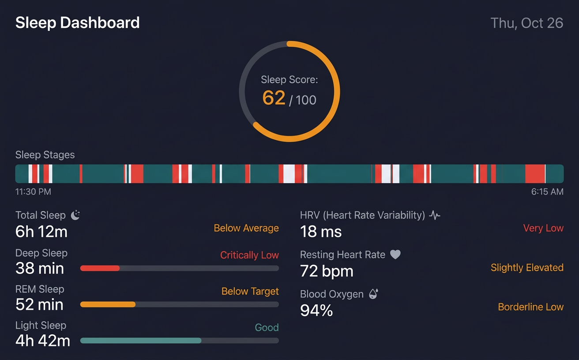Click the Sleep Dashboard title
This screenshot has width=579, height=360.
point(77,23)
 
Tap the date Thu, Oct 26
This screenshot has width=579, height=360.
point(526,23)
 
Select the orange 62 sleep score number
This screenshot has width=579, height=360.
point(274,97)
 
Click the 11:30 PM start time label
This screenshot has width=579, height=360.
point(33,192)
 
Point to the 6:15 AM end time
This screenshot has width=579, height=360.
point(547,192)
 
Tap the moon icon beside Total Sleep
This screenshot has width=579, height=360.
point(75,215)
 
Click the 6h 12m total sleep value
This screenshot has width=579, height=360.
point(41,232)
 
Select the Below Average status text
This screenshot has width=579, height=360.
point(246,228)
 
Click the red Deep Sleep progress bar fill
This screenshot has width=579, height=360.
point(100,268)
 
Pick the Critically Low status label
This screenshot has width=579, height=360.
point(249,255)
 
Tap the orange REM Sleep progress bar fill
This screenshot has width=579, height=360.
point(108,304)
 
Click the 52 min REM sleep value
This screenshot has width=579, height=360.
point(39,304)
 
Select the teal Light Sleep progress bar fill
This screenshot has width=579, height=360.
point(141,341)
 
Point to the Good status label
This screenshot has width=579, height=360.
point(267,327)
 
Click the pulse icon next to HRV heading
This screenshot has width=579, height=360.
point(435,215)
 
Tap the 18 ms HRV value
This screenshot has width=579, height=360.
point(321,232)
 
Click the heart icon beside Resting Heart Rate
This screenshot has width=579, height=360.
point(395,255)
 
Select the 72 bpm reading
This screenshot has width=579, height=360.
point(327,271)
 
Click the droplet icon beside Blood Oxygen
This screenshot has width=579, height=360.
point(373,294)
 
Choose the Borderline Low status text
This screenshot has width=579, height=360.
point(530,307)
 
